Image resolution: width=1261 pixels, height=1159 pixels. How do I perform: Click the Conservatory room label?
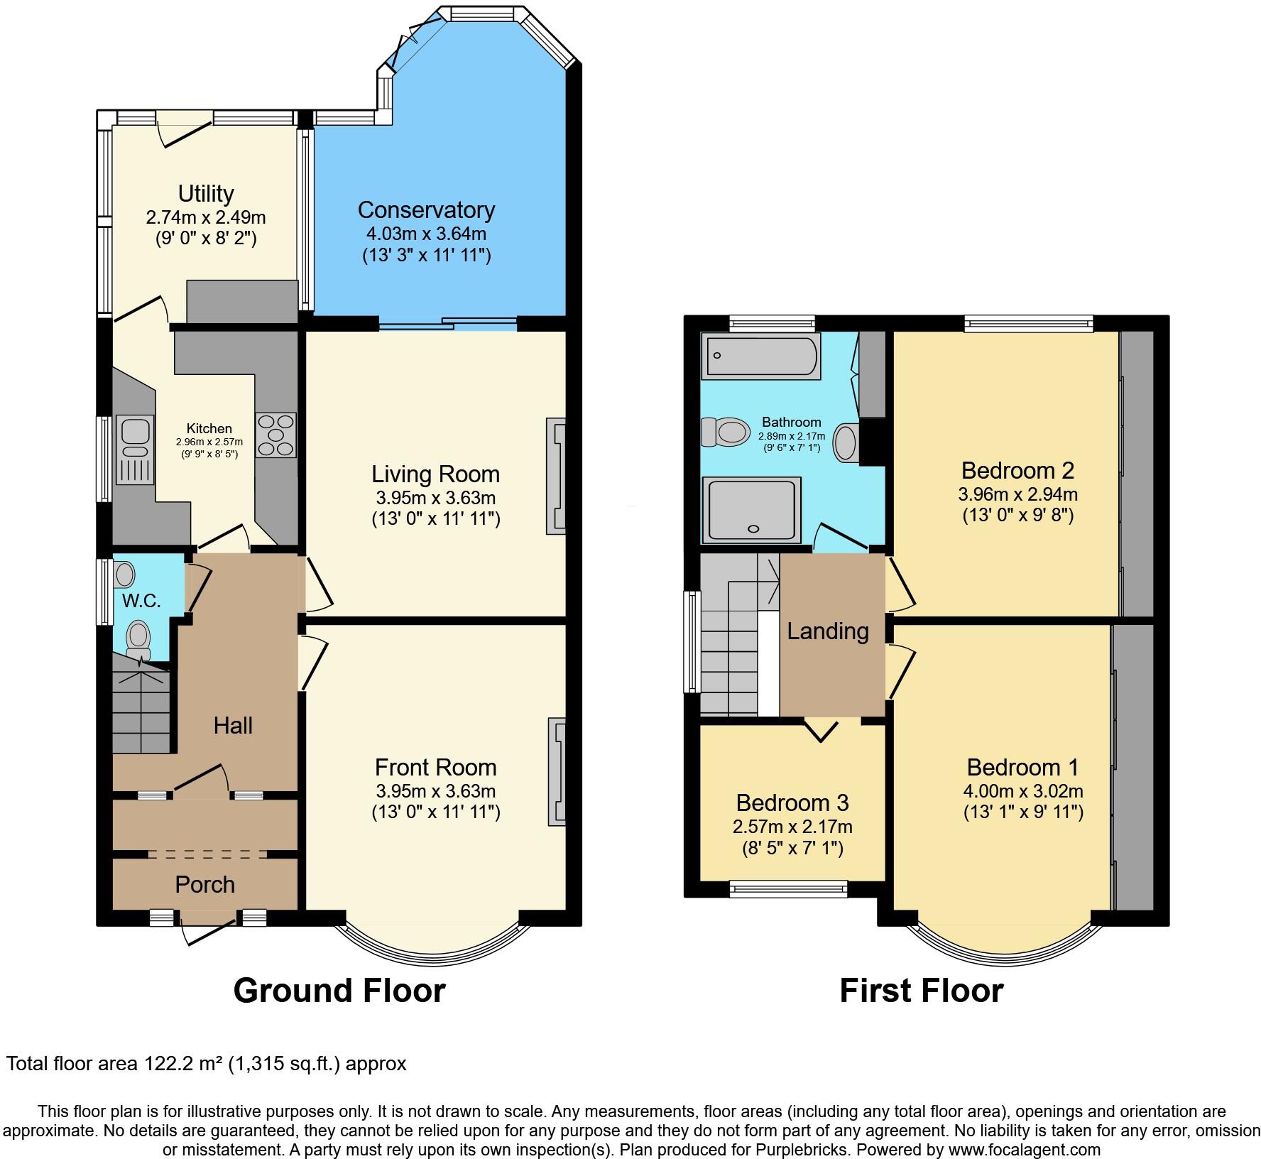click(x=426, y=210)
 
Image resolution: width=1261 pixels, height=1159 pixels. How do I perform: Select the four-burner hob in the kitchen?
click(x=275, y=435)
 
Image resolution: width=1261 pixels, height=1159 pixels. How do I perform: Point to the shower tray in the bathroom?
click(x=752, y=508)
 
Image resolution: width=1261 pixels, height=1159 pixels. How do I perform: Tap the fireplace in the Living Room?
click(x=555, y=475)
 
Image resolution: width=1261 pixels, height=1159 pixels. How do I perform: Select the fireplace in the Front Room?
click(x=557, y=772)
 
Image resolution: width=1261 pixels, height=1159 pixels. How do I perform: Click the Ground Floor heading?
click(x=339, y=990)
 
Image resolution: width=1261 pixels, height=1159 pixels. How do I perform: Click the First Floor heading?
click(x=921, y=990)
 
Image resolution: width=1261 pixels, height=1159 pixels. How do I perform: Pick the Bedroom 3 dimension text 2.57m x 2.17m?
click(x=792, y=827)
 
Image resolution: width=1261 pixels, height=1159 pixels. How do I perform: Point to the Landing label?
click(x=828, y=631)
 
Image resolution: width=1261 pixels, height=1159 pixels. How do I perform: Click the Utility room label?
click(x=206, y=193)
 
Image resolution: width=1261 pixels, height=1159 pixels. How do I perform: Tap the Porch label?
click(x=204, y=884)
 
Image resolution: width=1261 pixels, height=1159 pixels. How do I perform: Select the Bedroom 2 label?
click(x=1017, y=470)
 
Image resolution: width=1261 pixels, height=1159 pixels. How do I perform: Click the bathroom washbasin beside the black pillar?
click(x=845, y=442)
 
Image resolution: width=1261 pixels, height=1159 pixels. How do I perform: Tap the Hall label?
click(x=233, y=725)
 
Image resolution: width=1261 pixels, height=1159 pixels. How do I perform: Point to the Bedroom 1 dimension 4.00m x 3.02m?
click(x=1023, y=790)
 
